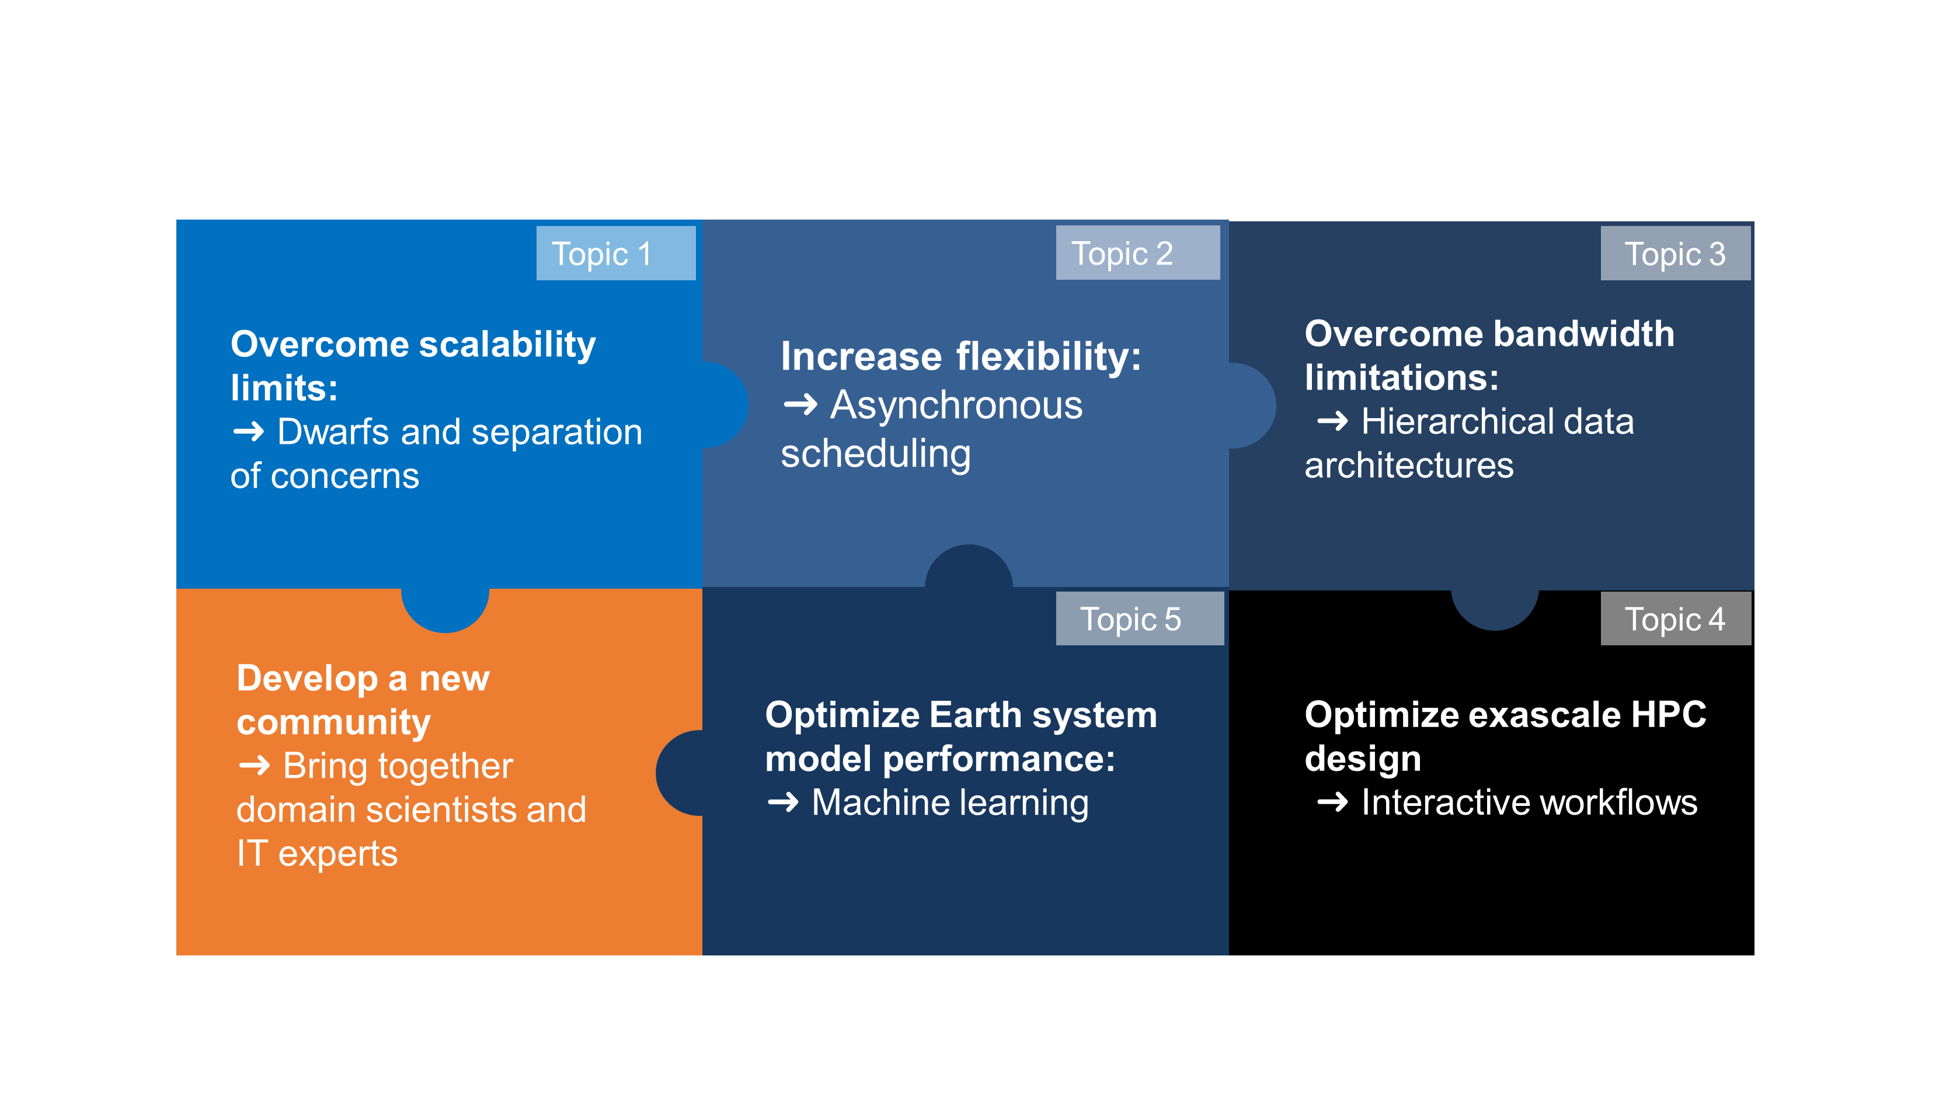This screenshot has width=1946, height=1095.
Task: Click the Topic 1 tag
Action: [616, 253]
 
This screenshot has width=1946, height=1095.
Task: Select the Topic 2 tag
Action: [1138, 252]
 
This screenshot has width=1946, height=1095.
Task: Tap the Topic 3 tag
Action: [1676, 253]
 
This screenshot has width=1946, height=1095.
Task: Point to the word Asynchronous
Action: [956, 405]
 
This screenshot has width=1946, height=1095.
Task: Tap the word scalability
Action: [507, 345]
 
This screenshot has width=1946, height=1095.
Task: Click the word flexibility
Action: [1049, 357]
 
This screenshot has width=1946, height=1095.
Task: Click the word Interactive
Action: [1445, 802]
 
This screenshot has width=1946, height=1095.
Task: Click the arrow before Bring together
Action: [255, 766]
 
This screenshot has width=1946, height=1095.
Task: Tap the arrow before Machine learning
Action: [784, 802]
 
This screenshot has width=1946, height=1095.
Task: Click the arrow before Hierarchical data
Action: [1332, 421]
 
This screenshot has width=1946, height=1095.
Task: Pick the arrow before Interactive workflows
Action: [1332, 802]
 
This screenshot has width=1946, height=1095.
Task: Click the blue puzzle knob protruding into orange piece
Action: [445, 609]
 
